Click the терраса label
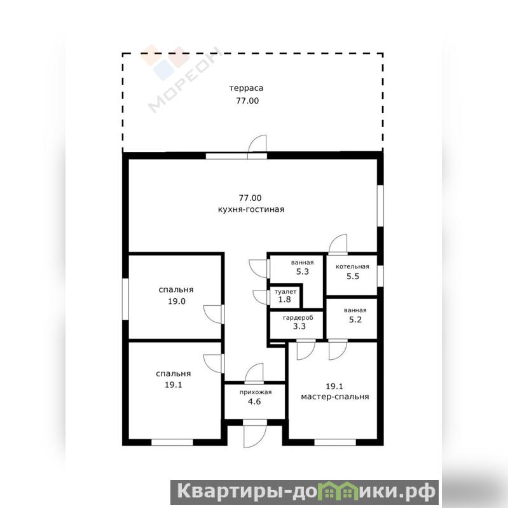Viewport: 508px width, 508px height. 246,88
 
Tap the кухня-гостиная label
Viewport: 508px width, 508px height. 251,209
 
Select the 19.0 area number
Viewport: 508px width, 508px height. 177,301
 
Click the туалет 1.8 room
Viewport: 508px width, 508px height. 285,296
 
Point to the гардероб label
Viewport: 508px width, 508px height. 298,318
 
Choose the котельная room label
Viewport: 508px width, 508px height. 352,266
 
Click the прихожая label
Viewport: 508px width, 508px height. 256,392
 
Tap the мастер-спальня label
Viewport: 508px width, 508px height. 335,397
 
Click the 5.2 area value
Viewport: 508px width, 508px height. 355,320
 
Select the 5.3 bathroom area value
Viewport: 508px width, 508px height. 302,271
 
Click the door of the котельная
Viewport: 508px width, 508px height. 338,244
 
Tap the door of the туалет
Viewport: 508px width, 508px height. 261,297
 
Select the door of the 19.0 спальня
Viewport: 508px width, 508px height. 212,314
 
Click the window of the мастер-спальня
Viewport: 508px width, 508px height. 335,443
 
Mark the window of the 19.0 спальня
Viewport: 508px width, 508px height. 125,299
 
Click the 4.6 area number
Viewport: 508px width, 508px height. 254,402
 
